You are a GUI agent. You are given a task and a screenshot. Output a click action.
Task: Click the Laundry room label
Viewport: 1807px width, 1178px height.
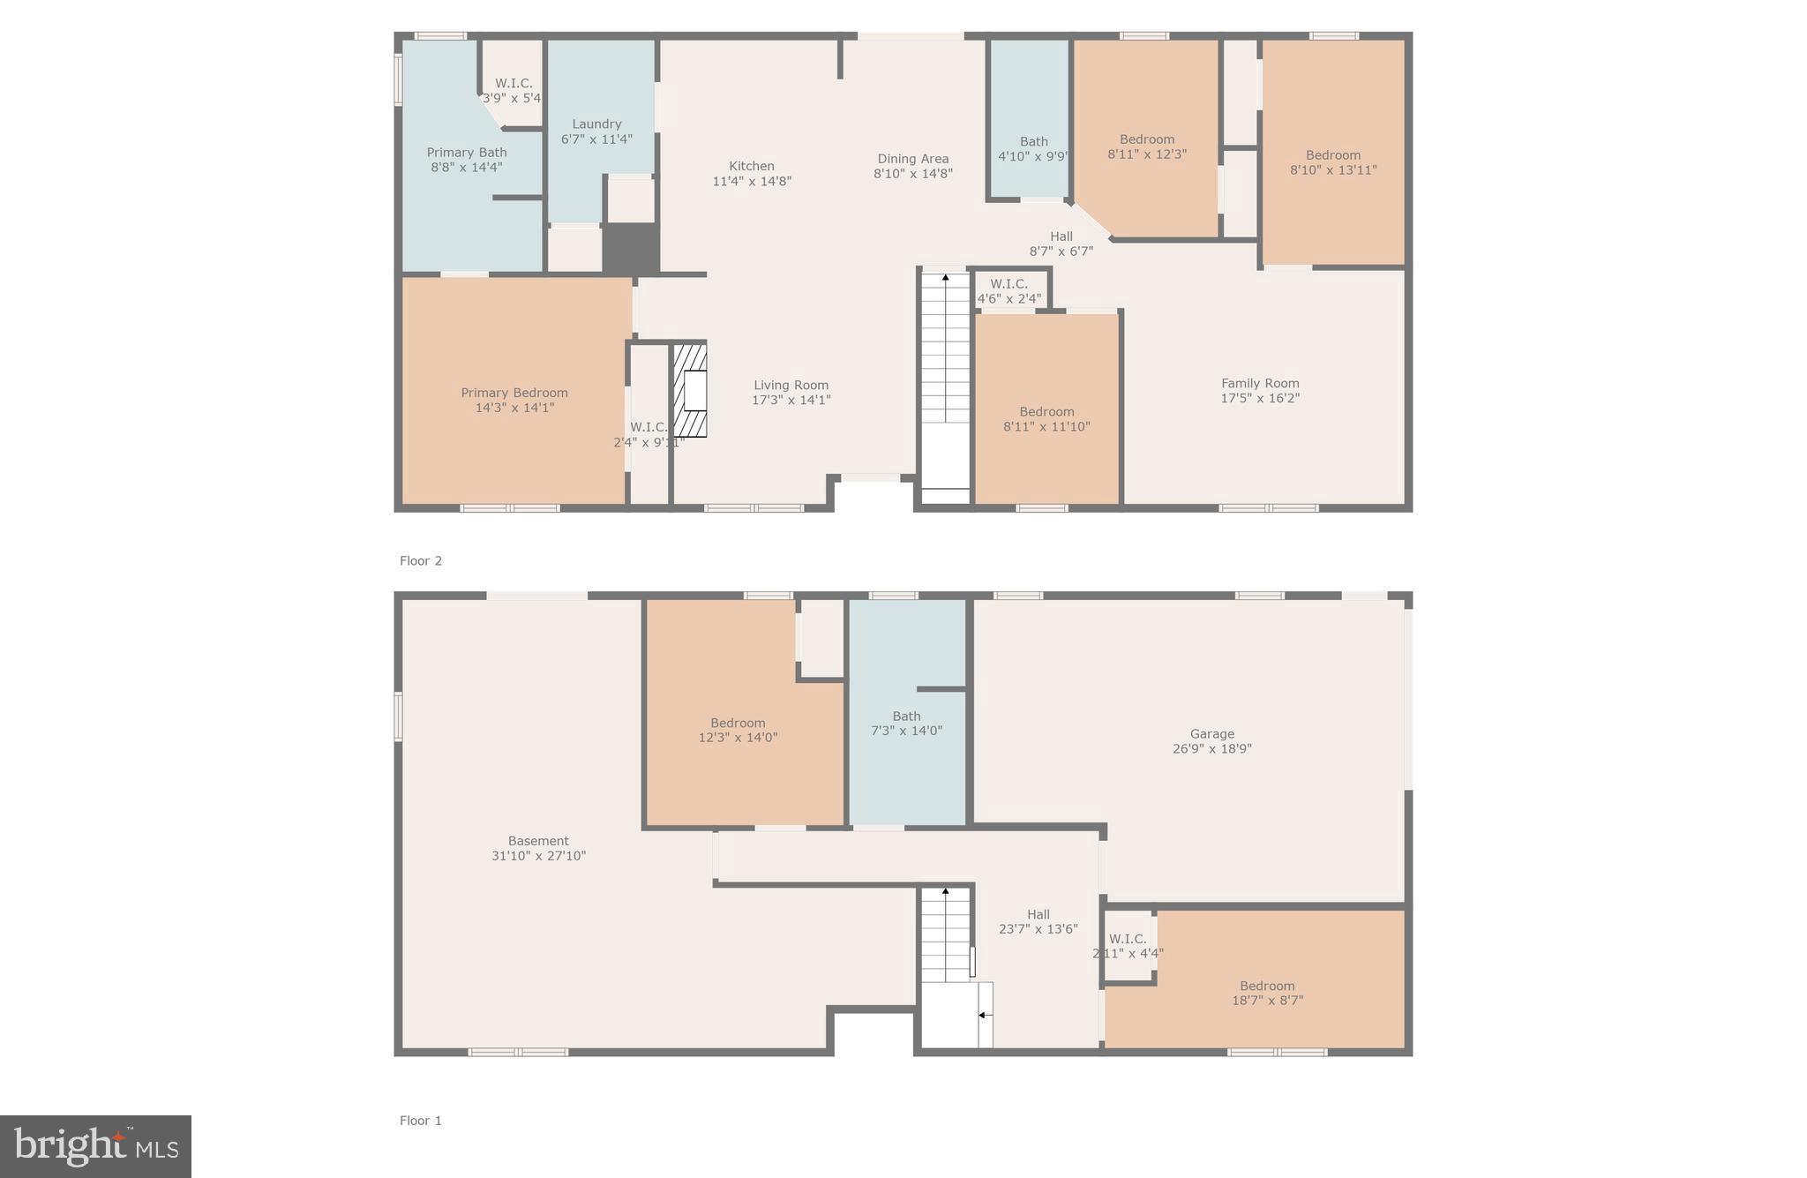click(596, 124)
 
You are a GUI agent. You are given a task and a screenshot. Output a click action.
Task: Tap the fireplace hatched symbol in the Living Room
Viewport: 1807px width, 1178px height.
click(691, 390)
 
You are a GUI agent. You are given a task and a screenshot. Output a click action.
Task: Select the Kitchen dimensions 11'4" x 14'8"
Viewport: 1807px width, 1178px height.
click(752, 182)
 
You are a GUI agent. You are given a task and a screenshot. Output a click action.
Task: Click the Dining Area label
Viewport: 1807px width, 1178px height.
click(912, 159)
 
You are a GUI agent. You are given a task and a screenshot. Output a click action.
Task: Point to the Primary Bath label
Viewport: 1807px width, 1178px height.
click(467, 153)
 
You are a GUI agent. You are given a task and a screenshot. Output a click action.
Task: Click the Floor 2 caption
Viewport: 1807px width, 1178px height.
click(421, 561)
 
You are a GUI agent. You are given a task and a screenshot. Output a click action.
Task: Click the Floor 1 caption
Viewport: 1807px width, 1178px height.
click(421, 1121)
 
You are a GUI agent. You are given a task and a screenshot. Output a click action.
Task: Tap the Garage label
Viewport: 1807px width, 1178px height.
click(1211, 734)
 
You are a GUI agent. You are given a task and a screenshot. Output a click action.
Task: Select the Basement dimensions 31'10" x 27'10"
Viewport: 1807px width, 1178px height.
click(538, 856)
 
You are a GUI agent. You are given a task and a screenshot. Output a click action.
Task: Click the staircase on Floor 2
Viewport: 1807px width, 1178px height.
click(945, 371)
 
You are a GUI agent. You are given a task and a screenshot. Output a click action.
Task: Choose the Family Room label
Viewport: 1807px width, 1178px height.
click(1260, 383)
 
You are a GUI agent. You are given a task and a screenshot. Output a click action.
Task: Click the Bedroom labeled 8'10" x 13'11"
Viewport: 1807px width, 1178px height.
click(1333, 162)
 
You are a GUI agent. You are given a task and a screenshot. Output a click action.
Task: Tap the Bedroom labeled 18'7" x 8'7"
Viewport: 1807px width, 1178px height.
click(1267, 993)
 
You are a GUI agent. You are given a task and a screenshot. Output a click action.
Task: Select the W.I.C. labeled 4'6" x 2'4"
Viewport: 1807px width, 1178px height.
click(1008, 291)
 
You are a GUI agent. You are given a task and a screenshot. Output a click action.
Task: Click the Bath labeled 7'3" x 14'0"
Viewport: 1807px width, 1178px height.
click(906, 724)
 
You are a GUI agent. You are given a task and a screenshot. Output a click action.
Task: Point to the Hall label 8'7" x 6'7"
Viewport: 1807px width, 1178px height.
click(1061, 244)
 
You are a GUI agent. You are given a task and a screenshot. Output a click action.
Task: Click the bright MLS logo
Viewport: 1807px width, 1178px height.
click(95, 1146)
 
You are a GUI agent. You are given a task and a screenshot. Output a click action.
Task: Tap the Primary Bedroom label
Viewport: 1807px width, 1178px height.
click(514, 393)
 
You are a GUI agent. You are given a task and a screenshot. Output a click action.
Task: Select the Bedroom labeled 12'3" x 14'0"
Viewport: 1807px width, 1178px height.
click(738, 730)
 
